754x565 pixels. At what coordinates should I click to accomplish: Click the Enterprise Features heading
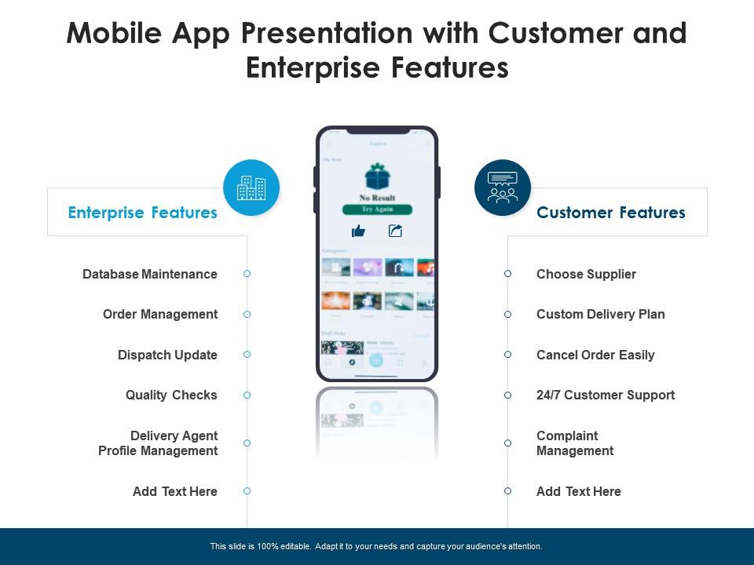point(142,213)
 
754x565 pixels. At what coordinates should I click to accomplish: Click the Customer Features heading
point(610,213)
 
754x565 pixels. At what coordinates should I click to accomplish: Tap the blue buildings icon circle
point(251,188)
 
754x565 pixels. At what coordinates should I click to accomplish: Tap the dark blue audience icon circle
point(503,188)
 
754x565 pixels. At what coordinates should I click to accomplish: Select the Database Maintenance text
point(150,274)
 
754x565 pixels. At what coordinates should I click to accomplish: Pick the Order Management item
point(160,314)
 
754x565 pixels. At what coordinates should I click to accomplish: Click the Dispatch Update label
point(167,355)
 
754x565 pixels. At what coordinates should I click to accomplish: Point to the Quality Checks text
point(171,395)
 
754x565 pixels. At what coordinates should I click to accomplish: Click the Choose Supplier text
point(586,274)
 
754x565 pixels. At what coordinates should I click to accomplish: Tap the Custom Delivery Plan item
point(600,314)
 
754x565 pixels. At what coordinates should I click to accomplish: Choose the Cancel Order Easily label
point(595,355)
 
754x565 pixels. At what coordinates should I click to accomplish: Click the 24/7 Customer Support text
point(606,395)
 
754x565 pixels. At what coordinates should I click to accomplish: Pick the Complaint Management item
point(575,443)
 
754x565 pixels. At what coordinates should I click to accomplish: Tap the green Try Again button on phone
point(377,210)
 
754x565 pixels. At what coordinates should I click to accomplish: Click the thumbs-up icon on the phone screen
point(359,231)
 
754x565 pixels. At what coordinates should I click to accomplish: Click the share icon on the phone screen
point(395,231)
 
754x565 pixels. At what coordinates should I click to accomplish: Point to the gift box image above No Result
point(377,176)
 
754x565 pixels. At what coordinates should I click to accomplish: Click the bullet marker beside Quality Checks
point(247,395)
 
